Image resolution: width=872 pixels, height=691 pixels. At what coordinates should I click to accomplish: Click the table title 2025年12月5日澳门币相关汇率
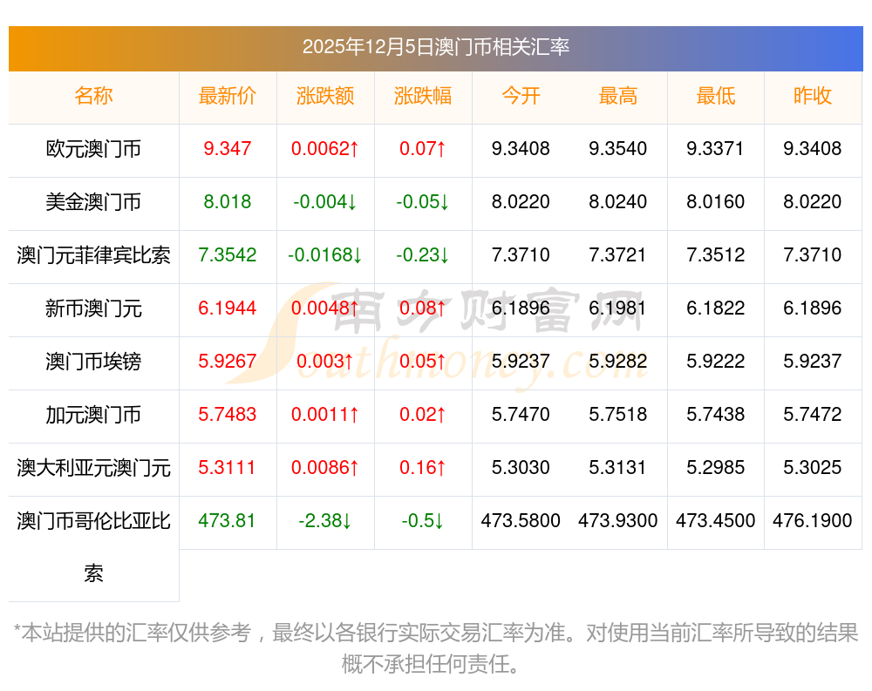point(436,47)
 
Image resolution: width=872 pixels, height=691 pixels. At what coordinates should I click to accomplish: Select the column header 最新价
point(228,96)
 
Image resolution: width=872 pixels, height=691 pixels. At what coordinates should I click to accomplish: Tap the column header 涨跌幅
point(423,96)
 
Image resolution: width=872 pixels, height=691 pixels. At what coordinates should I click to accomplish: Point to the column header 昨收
point(813,96)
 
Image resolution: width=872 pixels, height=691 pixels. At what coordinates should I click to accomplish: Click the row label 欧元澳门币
point(93,149)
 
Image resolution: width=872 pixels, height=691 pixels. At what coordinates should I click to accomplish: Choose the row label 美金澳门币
point(93,202)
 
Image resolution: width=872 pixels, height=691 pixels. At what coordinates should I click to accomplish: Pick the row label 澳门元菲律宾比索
point(93,255)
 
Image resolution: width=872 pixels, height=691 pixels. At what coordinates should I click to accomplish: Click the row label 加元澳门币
point(93,415)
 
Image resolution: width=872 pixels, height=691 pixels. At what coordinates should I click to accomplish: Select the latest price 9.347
point(228,149)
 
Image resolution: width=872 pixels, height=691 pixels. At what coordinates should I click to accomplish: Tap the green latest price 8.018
point(228,202)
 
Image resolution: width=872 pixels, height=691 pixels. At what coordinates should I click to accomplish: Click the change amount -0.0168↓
point(325,255)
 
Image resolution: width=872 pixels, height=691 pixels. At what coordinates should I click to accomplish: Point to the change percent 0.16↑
point(423,468)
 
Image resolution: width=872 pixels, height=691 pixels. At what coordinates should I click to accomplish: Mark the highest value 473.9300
point(618,521)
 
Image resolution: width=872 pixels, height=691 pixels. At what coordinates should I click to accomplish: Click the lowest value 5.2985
point(716,468)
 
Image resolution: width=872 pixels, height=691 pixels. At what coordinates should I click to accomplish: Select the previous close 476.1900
point(813,521)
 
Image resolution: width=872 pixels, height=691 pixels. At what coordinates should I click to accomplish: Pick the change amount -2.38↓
point(325,521)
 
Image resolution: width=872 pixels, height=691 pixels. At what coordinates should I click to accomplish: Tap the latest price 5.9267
point(228,362)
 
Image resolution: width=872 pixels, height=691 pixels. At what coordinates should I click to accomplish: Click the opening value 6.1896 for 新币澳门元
point(521,308)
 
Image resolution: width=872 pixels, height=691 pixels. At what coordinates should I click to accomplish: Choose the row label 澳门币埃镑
point(93,362)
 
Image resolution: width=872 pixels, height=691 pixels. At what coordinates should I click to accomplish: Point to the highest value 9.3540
point(618,149)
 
